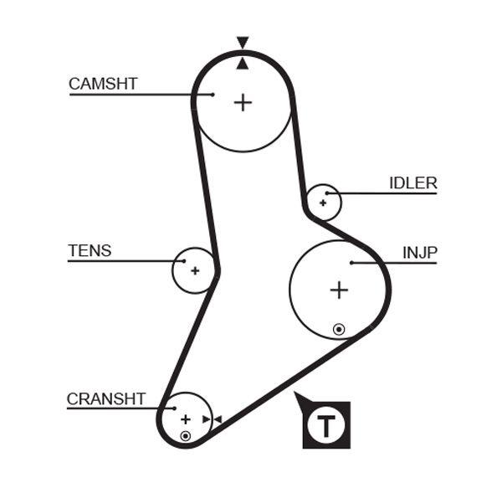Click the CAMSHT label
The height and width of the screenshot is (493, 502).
[x=102, y=84]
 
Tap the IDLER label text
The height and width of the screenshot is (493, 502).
[x=412, y=183]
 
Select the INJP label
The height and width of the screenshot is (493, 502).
[x=419, y=252]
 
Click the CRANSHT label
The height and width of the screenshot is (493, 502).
[x=106, y=399]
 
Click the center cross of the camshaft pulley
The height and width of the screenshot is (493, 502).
[x=243, y=102]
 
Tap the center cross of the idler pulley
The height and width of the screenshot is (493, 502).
[x=323, y=203]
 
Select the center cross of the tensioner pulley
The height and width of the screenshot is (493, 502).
[x=195, y=270]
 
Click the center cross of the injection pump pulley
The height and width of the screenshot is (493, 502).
[x=338, y=290]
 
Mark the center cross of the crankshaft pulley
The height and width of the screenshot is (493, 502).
[x=186, y=419]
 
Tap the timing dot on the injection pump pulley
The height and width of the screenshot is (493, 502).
[x=338, y=329]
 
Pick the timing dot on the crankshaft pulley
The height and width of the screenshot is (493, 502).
[x=185, y=436]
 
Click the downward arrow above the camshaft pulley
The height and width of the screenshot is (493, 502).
[x=243, y=43]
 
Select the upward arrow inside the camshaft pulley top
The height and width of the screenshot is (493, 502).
[x=243, y=63]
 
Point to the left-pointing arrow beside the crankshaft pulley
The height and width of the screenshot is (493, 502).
[x=218, y=419]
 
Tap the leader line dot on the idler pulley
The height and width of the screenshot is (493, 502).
[x=328, y=194]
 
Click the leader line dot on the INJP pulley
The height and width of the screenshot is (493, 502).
[x=351, y=263]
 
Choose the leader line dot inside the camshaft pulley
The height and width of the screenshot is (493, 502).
[x=213, y=95]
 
